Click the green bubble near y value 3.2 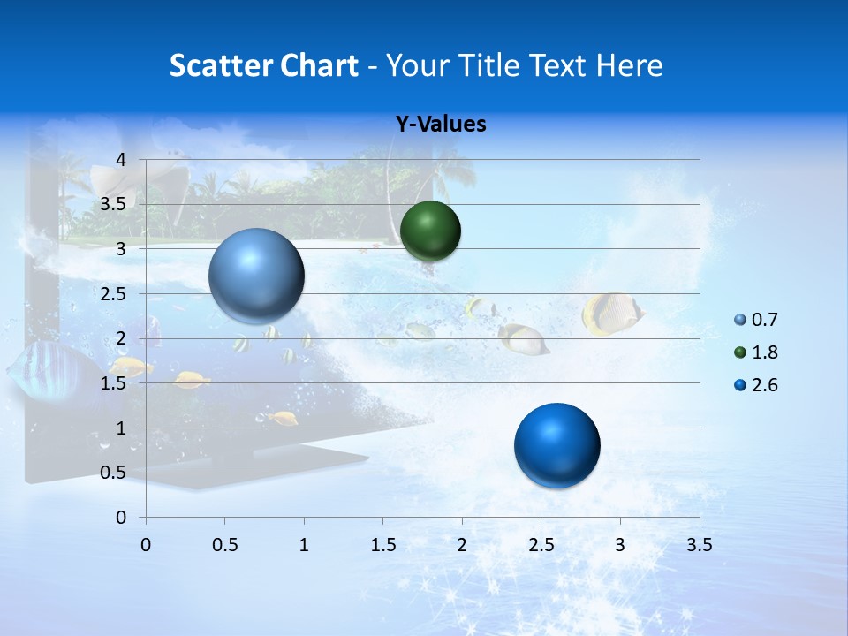(x=430, y=231)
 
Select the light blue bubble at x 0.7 (x=256, y=276)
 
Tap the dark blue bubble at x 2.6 (x=556, y=445)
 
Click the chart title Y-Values (x=441, y=125)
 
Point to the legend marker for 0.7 (x=740, y=320)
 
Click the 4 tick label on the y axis (x=120, y=160)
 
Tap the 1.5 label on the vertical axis (x=112, y=383)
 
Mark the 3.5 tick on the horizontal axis (x=699, y=545)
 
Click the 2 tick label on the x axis (x=462, y=545)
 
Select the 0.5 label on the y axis (x=112, y=473)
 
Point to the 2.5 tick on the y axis (x=112, y=294)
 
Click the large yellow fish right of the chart (x=611, y=314)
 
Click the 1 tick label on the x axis (x=304, y=545)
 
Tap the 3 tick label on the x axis (x=620, y=545)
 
